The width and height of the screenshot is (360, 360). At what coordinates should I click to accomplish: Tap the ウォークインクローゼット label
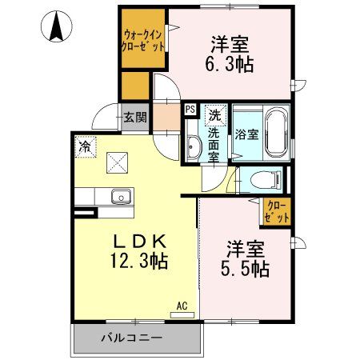pos(144,40)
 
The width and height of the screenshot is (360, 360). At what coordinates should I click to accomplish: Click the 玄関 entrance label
pos(134,118)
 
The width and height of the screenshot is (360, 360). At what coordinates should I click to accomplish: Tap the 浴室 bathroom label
pos(246,134)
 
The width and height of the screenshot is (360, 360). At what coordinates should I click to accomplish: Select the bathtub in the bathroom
pos(276,133)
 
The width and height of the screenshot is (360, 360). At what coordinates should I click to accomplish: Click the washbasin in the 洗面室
pos(194,147)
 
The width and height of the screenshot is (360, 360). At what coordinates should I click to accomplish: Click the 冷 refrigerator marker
pos(85,146)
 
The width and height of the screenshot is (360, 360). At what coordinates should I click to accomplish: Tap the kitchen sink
pos(121,194)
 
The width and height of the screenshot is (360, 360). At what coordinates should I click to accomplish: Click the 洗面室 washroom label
pos(214,145)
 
